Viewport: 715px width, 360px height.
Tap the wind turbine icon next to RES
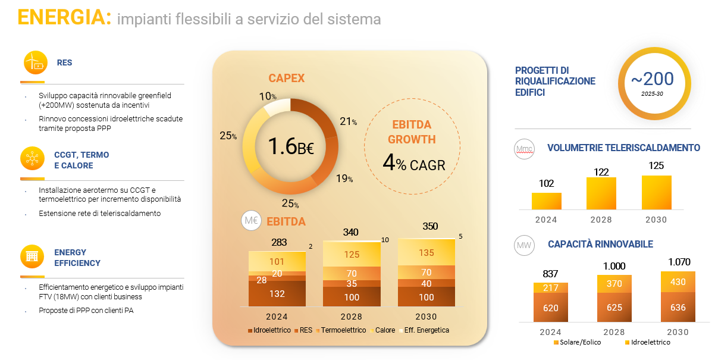point(35,62)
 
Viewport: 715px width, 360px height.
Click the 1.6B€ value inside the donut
point(290,146)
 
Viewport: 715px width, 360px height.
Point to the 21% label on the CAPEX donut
point(347,121)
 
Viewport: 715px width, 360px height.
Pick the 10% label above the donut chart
point(268,96)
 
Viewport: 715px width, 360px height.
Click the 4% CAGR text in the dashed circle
point(414,164)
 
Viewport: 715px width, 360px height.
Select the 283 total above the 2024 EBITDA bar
point(279,242)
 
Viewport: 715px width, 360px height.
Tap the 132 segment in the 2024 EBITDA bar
point(277,293)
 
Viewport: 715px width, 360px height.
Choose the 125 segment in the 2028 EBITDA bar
point(351,255)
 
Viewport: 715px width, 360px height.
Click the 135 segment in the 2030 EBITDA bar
point(426,252)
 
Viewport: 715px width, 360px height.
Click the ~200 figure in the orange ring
point(653,79)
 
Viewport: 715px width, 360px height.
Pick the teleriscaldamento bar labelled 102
point(546,201)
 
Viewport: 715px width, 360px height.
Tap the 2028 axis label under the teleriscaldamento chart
point(601,220)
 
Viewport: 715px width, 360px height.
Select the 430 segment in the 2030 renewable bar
point(678,282)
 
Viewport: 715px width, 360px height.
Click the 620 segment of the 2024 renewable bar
point(550,308)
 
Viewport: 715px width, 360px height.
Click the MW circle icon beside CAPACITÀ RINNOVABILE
point(524,245)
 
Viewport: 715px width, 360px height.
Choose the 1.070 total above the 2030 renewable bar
point(678,261)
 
